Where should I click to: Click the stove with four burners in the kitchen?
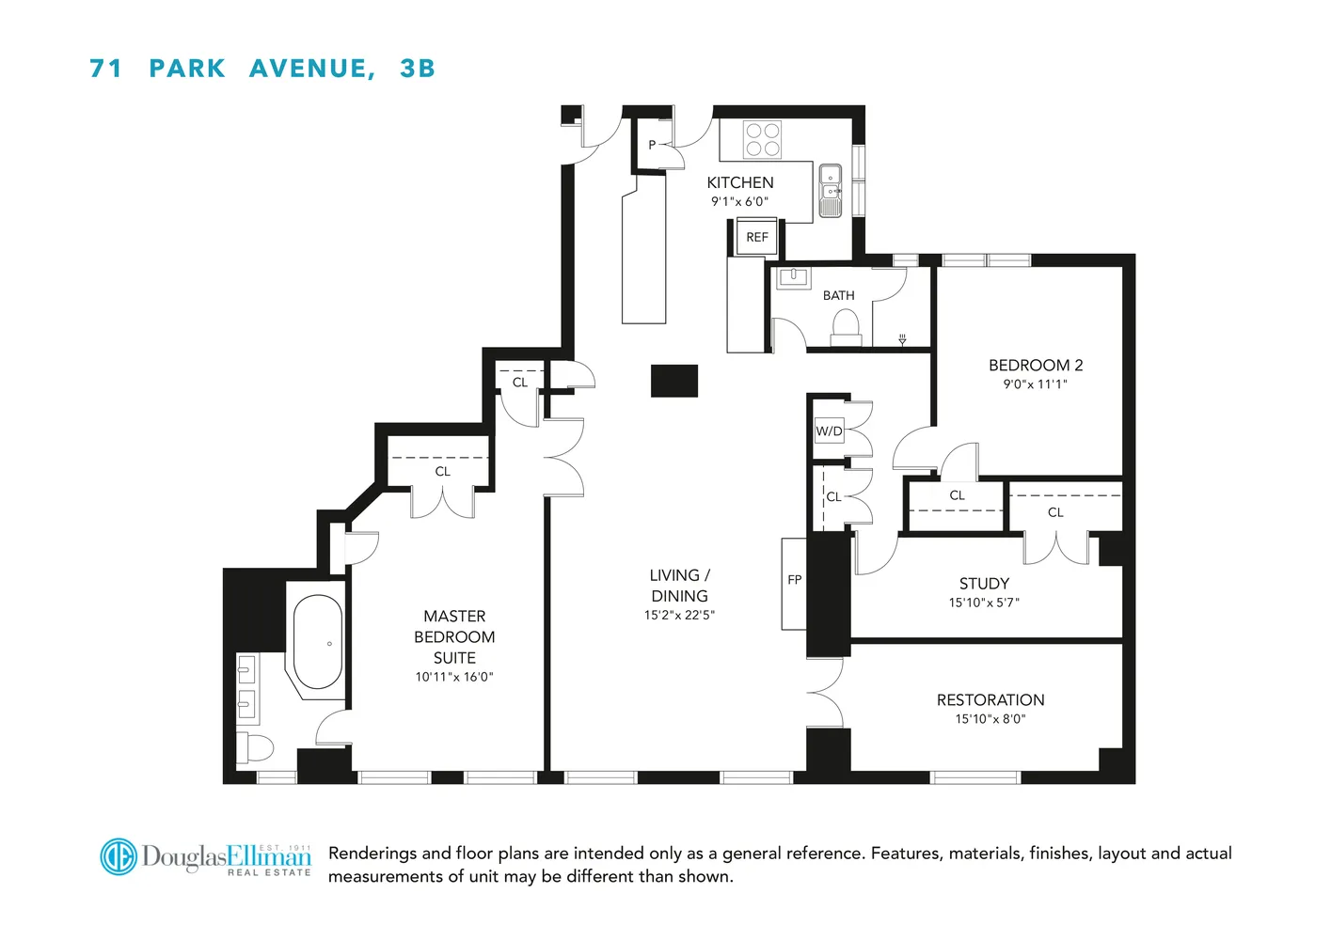point(762,140)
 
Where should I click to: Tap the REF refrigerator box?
point(757,237)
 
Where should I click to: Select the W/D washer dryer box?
point(829,431)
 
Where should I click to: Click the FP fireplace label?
point(795,580)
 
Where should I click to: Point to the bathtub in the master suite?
point(318,643)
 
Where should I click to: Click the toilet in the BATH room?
point(846,326)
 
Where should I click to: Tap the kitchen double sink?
point(831,191)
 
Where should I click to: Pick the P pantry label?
point(652,146)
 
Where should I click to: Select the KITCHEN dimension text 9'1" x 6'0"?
point(739,201)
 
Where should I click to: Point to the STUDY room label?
point(984,584)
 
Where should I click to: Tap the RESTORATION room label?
point(990,700)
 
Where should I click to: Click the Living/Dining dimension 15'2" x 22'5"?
point(679,616)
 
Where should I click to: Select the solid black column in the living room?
point(674,381)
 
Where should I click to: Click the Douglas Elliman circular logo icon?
point(119,856)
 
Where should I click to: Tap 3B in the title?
point(417,69)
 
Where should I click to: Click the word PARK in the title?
point(187,69)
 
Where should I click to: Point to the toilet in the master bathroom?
point(256,748)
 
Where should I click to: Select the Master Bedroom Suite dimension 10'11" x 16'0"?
point(454,677)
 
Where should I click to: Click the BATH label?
point(839,295)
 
